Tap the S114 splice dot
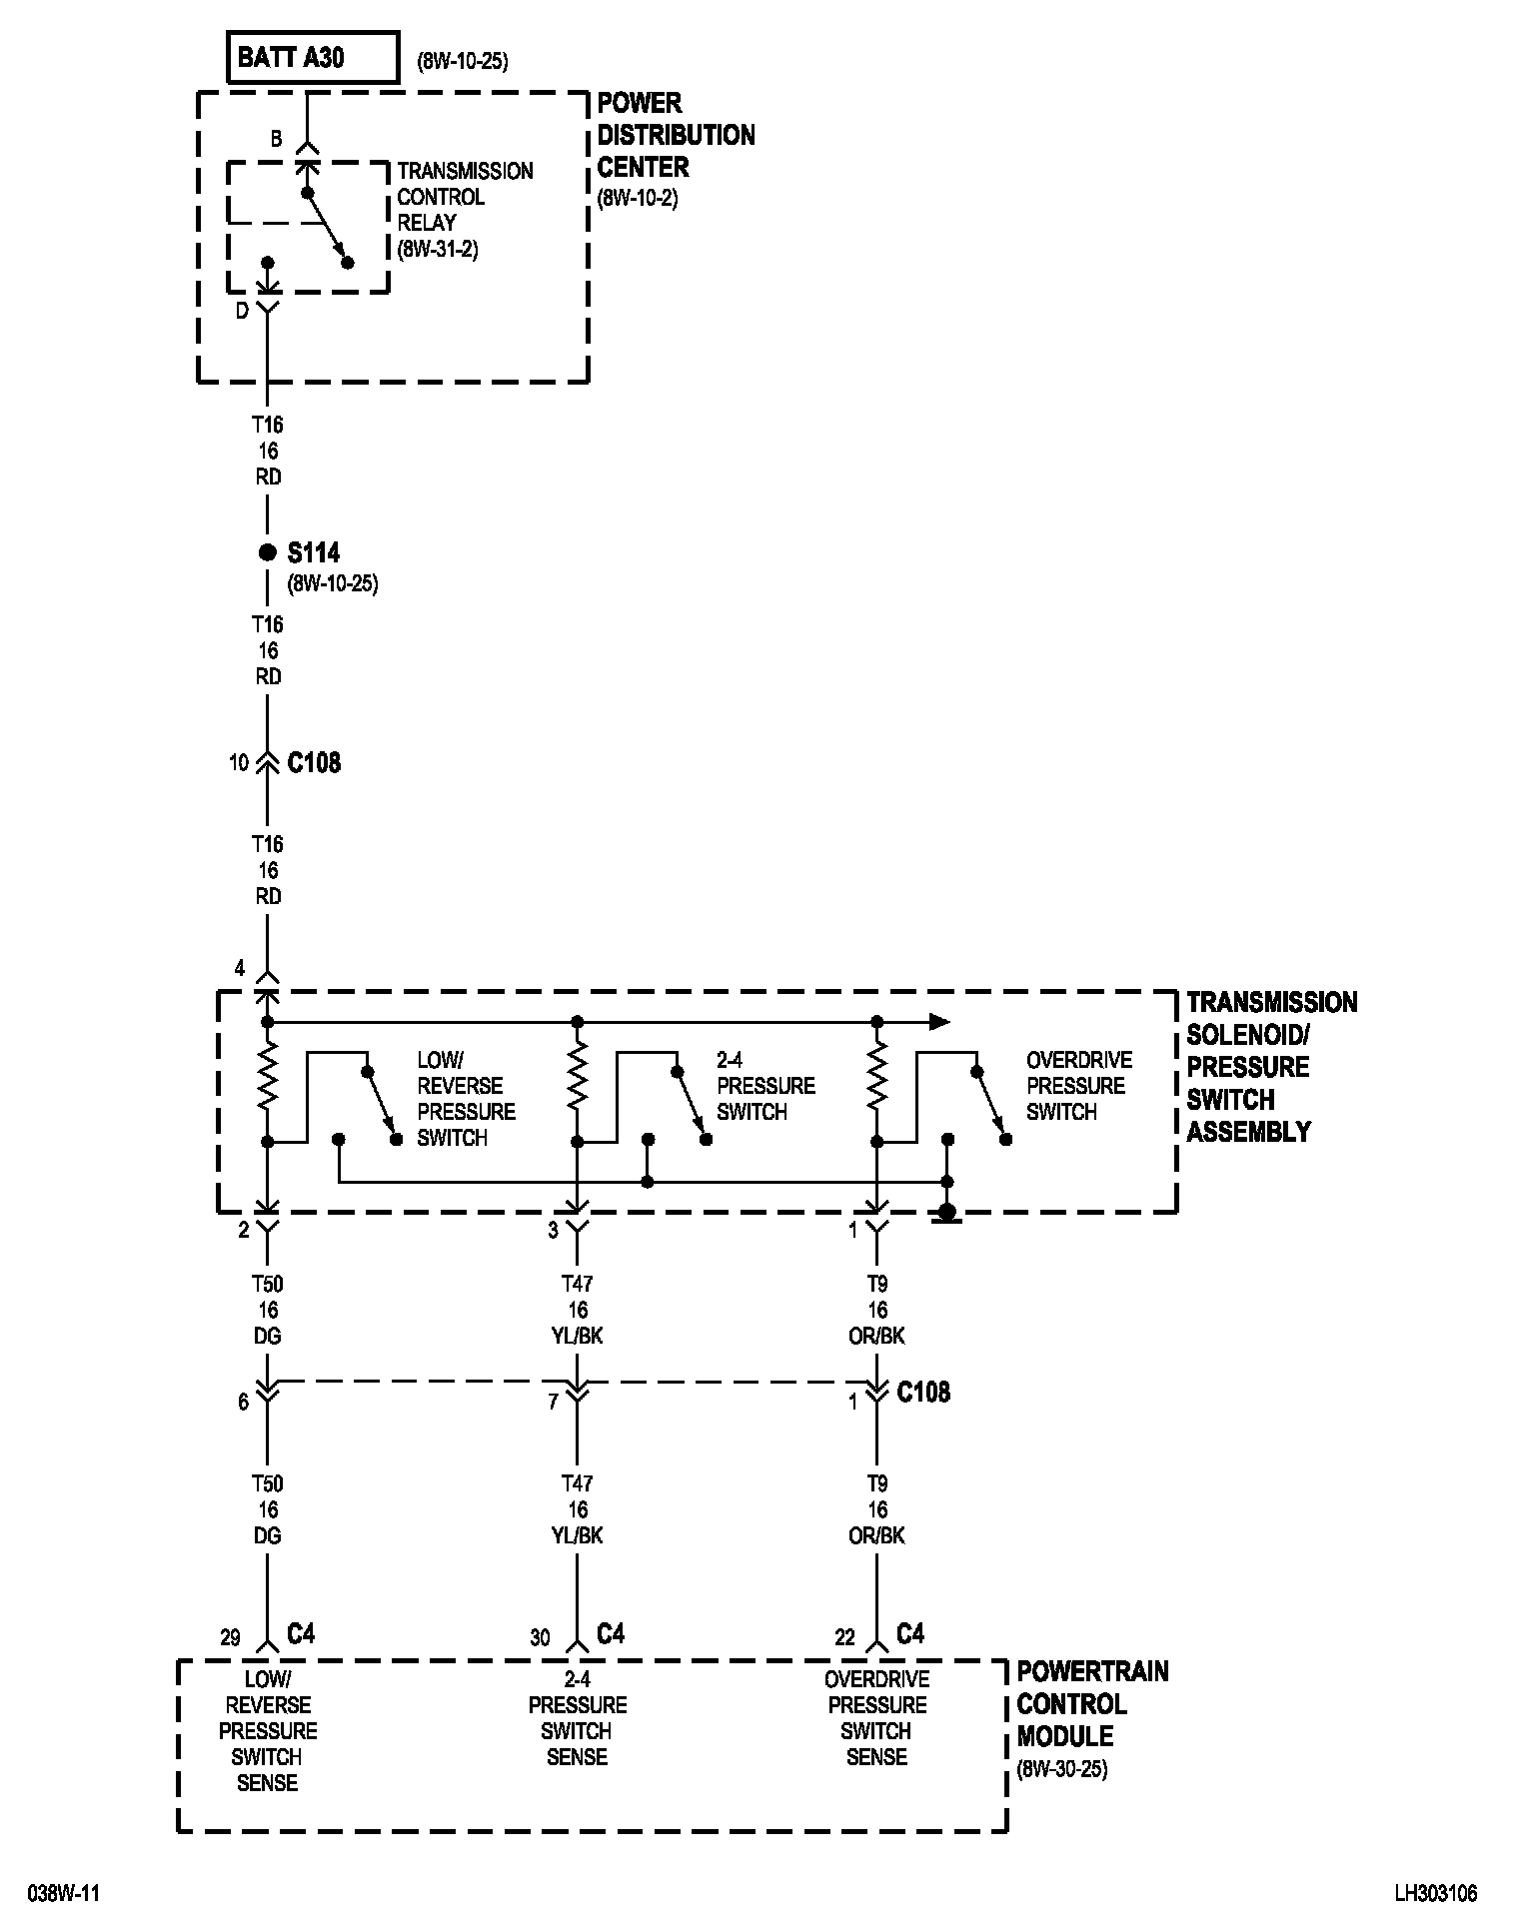coord(267,552)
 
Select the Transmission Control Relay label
coord(465,210)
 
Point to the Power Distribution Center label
coord(676,135)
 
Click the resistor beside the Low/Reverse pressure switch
coord(267,1080)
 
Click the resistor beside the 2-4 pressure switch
coord(577,1080)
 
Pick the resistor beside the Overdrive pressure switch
coord(876,1080)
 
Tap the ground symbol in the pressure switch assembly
coord(947,1213)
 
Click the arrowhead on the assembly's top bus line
coord(938,1021)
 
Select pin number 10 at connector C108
coord(238,763)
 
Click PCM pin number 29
coord(230,1638)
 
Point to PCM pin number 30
coord(540,1638)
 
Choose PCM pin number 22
coord(845,1638)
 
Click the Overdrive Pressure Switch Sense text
coord(876,1718)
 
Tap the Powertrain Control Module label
coord(1091,1704)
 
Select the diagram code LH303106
coord(1436,1893)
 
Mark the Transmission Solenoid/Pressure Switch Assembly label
coord(1271,1067)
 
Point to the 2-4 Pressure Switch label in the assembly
coord(765,1086)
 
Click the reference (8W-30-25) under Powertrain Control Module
coord(1061,1770)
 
